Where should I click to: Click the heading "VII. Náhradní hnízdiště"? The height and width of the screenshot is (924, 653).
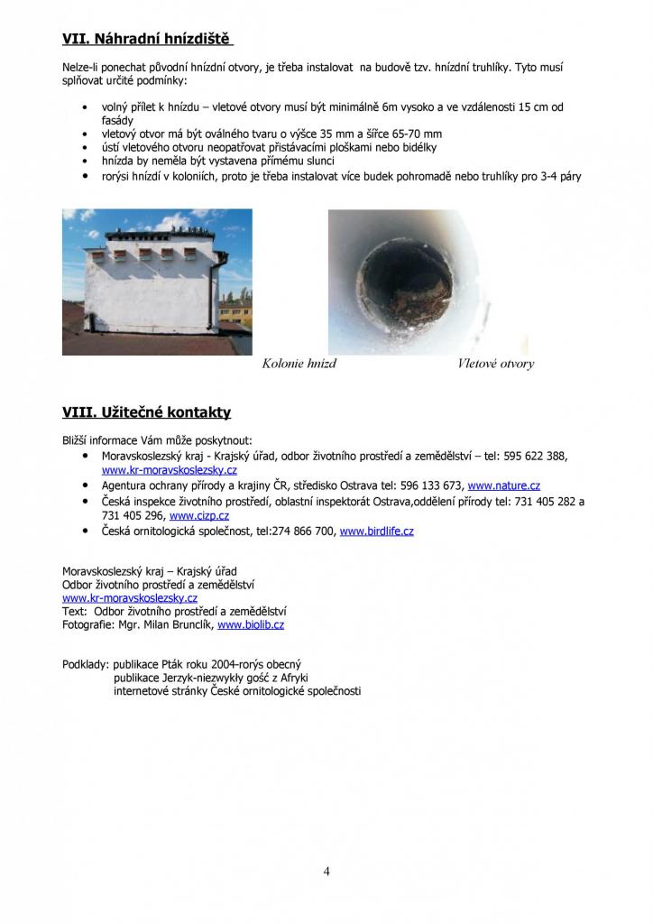coord(147,40)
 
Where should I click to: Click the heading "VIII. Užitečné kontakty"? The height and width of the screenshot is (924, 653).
coord(146,412)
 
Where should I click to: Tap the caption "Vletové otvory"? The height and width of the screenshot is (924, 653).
coord(495,364)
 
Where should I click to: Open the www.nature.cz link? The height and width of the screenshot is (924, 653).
coord(503,485)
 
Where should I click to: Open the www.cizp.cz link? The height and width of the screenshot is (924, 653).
coord(199,516)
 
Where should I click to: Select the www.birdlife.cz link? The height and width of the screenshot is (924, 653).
coord(376,531)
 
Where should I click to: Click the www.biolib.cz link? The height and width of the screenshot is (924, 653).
coord(251,624)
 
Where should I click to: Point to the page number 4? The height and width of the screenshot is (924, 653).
coord(326,871)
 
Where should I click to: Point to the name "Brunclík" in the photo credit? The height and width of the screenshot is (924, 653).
coord(189,624)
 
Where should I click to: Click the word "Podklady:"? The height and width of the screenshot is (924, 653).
coord(86,663)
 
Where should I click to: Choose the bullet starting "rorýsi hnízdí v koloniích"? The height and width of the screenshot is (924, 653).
coord(341,176)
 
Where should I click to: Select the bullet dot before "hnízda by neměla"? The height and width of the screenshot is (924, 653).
coord(84,161)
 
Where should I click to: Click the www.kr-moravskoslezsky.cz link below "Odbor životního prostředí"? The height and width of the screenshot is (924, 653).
coord(130,597)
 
